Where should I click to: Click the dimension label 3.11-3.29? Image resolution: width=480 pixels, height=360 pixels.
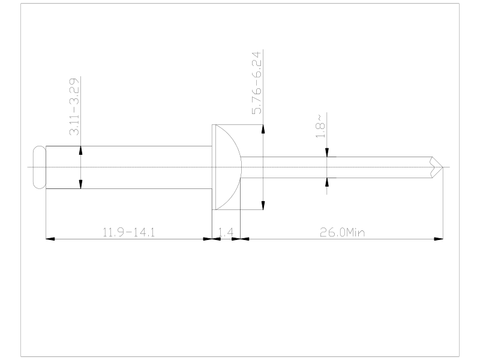(74, 107)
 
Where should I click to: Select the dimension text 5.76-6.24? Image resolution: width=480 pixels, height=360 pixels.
(257, 83)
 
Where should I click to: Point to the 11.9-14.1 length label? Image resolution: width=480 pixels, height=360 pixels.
(128, 232)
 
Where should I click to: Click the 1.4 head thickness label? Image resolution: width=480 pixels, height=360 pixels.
(226, 232)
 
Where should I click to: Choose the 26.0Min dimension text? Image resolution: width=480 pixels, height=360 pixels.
(342, 232)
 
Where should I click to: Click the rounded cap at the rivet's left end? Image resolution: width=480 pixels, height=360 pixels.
(40, 167)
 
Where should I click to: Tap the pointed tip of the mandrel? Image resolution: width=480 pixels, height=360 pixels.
(443, 167)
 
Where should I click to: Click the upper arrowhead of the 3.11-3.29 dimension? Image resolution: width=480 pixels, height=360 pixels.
(80, 151)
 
